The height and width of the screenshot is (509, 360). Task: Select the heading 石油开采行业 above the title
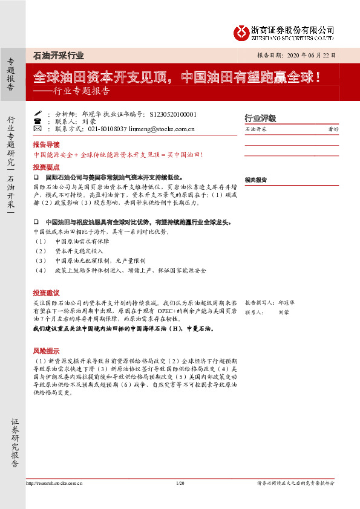click(x=58, y=55)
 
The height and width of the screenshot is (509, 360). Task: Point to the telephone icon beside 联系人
click(x=38, y=121)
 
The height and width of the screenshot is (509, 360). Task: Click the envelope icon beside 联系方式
click(x=38, y=129)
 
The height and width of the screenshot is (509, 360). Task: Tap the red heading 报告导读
click(x=46, y=146)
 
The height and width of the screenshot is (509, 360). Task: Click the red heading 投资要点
click(x=46, y=166)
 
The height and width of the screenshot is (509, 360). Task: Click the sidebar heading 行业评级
click(x=260, y=118)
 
